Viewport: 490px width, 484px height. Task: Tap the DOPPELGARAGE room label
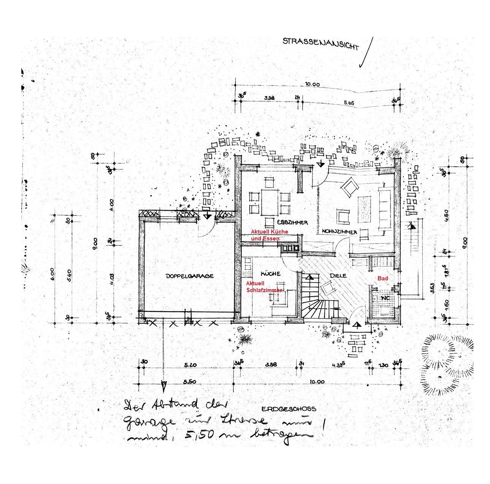[190, 276]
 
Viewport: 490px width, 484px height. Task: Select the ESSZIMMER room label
[292, 222]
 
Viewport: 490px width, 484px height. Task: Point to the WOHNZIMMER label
[339, 231]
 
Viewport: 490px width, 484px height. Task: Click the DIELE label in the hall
[338, 275]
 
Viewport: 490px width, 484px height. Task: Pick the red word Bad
[382, 279]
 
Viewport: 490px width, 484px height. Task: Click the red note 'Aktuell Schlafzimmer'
[264, 287]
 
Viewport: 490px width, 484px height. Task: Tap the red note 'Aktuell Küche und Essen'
[269, 235]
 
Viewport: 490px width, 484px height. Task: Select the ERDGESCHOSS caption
[289, 409]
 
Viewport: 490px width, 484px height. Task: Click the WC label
[386, 298]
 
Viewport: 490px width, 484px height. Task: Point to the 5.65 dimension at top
[349, 103]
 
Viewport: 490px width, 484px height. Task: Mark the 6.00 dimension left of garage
[52, 274]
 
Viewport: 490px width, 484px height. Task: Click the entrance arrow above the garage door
[207, 216]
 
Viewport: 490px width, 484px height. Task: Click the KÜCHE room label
[270, 274]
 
